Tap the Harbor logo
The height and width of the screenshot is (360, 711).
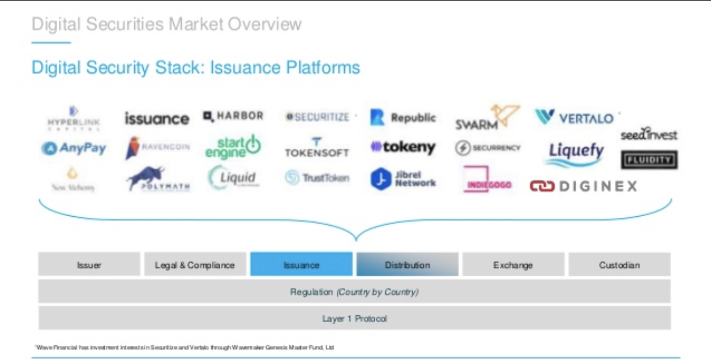(233, 116)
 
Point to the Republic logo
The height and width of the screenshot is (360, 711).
(403, 118)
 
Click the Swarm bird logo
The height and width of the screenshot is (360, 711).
(486, 117)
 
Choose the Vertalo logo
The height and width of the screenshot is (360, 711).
(575, 118)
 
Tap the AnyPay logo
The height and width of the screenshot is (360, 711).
(74, 148)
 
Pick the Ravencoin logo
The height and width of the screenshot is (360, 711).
(157, 147)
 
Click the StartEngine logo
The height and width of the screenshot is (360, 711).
(233, 146)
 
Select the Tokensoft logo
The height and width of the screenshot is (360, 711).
(316, 148)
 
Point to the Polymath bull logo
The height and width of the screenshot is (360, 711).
(158, 179)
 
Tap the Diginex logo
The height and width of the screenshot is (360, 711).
(583, 186)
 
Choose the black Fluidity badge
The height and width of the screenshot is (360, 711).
(649, 160)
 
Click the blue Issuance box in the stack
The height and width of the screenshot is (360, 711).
(301, 265)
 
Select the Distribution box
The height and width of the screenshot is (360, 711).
(407, 265)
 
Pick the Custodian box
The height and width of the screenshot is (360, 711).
(619, 265)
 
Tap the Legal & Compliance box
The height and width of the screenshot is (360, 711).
(195, 265)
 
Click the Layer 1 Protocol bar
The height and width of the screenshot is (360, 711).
(354, 319)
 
